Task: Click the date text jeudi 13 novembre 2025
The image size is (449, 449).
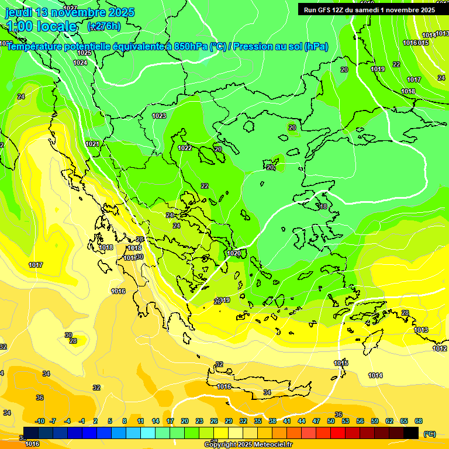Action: point(70,12)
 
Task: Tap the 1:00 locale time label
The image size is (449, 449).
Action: point(42,26)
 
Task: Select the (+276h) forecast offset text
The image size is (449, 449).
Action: point(104,26)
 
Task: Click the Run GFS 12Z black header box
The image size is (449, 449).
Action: point(369,10)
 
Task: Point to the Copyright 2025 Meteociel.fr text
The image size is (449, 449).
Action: point(248,444)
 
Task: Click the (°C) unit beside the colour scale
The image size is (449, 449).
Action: point(430,434)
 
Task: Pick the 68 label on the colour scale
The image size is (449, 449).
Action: point(418,421)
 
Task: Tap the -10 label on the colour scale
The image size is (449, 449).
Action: point(40,421)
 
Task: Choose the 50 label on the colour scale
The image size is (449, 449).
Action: point(331,421)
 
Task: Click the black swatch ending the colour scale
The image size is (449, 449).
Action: point(411,433)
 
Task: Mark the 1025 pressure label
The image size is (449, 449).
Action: point(84,53)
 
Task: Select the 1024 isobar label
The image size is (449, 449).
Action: point(80,63)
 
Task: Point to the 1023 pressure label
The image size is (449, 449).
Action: point(159,116)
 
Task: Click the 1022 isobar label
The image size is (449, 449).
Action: point(185,148)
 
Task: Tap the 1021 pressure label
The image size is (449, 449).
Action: point(92,144)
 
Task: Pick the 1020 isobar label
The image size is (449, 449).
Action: point(234,253)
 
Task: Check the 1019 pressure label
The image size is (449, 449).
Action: point(378,69)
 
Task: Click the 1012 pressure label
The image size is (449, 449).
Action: point(439,349)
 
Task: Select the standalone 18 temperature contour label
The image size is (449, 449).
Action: point(324,206)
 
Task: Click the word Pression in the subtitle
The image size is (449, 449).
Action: point(254,47)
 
